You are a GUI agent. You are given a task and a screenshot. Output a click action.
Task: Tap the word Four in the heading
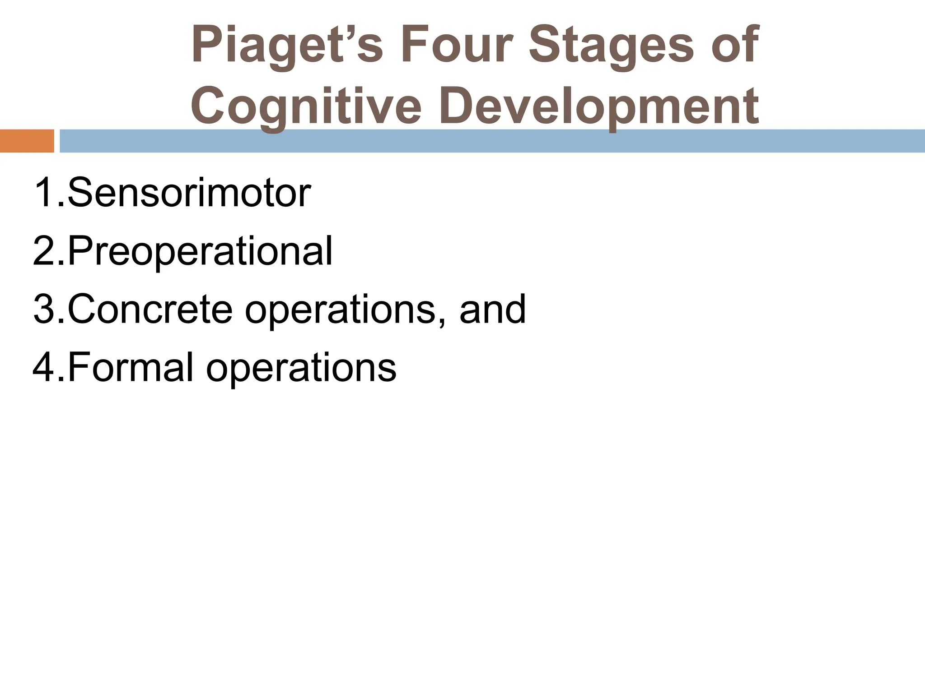coord(456,45)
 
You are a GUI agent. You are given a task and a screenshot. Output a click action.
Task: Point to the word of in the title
coord(734,45)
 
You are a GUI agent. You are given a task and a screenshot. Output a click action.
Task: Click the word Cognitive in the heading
coord(306,106)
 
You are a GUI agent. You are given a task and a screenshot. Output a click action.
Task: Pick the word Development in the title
coord(599,106)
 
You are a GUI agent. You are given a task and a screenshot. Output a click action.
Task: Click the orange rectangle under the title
coord(27,141)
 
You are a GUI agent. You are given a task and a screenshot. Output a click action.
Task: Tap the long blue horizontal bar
coord(492,141)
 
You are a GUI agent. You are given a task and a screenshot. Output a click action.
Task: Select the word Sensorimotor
coord(189,193)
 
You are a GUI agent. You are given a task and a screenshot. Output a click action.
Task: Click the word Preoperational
coord(200,251)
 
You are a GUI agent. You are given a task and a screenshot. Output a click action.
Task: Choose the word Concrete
coord(150,309)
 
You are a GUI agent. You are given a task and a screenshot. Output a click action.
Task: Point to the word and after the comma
coord(493,309)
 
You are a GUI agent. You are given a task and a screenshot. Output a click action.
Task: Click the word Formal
coord(131,367)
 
